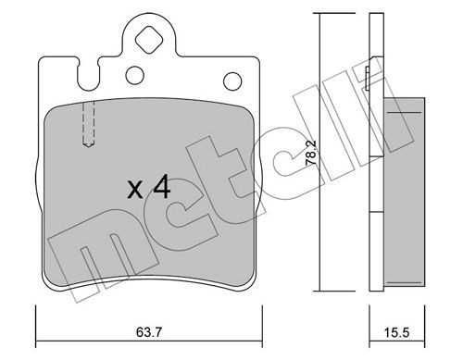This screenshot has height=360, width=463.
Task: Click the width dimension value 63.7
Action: [x=149, y=332]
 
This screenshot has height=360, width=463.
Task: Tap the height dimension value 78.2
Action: [x=311, y=154]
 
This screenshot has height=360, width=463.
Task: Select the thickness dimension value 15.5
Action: [x=396, y=332]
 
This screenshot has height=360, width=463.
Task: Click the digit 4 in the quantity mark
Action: [x=162, y=186]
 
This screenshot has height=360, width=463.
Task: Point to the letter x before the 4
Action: [x=135, y=190]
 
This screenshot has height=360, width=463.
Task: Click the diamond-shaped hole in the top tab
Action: [x=149, y=40]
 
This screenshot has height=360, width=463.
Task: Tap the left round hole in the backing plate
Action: [x=135, y=75]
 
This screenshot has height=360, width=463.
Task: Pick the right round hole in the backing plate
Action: [x=232, y=81]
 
